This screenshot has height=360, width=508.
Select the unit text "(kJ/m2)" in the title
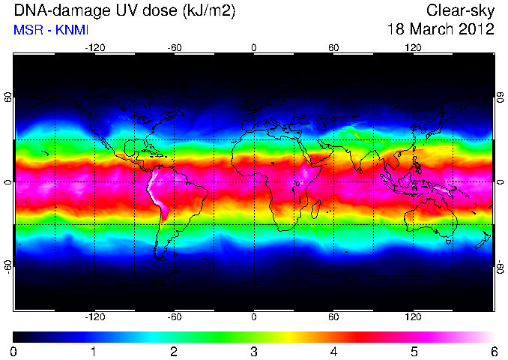click(208, 11)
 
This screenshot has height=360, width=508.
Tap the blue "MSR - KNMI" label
click(51, 30)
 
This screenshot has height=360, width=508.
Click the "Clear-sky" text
click(460, 11)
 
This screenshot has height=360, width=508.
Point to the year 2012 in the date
click(476, 29)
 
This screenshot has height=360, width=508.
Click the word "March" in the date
click(429, 29)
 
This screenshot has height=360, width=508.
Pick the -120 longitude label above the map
click(95, 48)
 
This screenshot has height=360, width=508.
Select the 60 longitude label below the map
click(333, 316)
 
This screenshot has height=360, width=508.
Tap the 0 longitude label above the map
click(254, 48)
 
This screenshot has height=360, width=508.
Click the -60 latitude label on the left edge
click(7, 266)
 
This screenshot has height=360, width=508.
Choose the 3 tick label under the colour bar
click(254, 352)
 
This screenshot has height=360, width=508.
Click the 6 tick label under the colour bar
click(494, 352)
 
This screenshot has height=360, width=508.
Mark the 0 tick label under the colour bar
click(13, 352)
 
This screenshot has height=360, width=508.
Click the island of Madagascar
click(315, 209)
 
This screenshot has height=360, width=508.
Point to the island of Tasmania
click(448, 242)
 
